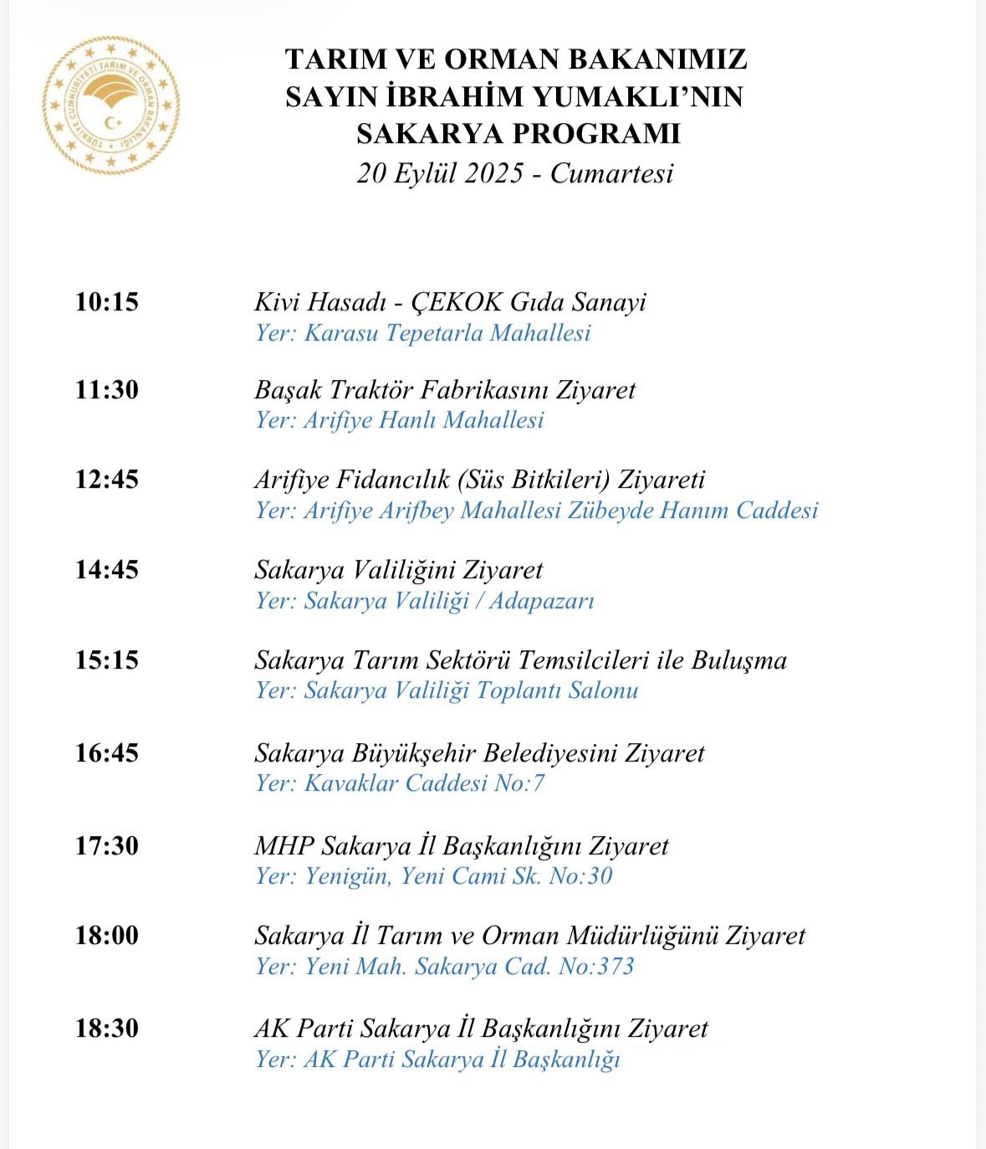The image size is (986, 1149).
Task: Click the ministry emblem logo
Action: (111, 105)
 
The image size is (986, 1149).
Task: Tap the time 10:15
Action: (107, 302)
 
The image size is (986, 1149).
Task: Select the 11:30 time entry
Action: (107, 390)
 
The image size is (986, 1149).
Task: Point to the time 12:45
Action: (107, 480)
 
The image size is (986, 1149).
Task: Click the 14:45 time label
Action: (107, 570)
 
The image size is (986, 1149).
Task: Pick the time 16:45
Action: (107, 753)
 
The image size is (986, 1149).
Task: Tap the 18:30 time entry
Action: (107, 1028)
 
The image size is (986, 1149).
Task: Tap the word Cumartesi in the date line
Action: (611, 173)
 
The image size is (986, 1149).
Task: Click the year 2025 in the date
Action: (495, 173)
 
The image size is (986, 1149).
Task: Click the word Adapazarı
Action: (542, 601)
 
